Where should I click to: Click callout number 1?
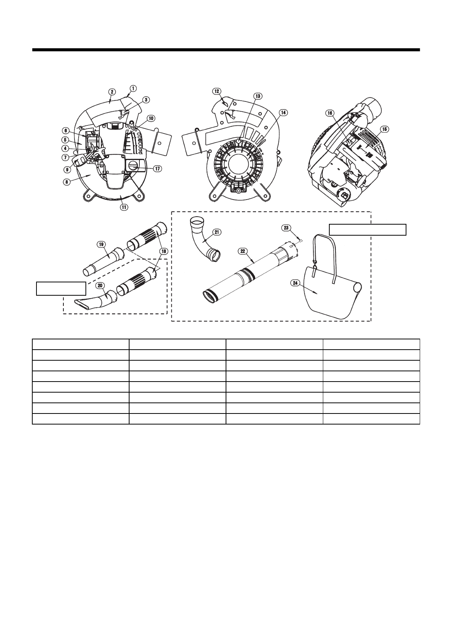click(133, 88)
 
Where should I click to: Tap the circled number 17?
click(157, 169)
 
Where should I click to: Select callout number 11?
click(124, 207)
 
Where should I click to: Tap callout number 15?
click(384, 129)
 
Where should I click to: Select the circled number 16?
click(330, 113)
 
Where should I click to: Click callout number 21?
click(217, 232)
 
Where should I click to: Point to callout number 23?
click(286, 228)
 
